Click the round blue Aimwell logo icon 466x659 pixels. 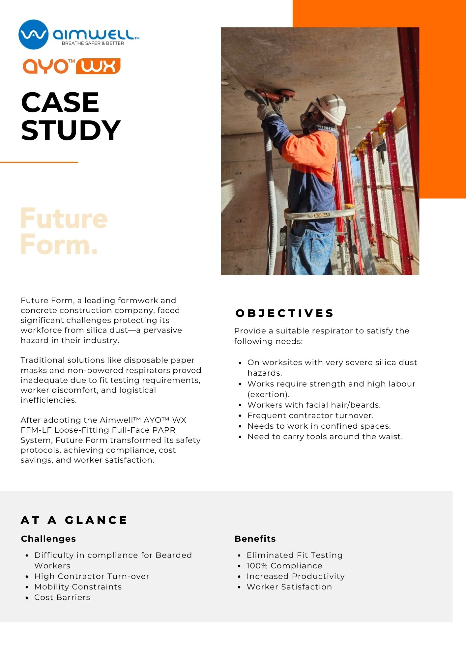pos(33,35)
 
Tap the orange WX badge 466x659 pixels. pos(98,66)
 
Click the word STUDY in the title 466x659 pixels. pos(71,130)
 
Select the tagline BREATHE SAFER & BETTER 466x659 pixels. pos(93,43)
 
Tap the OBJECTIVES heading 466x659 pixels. pos(285,313)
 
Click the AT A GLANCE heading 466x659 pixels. pos(74,520)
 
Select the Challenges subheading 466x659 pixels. pos(48,539)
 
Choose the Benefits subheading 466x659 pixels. pos(255,539)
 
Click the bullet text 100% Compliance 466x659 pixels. pos(284,566)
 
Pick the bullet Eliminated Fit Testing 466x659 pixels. pos(295,555)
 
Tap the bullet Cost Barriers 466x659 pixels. pos(62,597)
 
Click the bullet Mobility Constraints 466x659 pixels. pos(78,587)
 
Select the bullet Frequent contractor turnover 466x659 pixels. pos(310,415)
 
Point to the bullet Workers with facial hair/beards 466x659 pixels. pos(314,405)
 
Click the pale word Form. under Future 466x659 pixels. pos(59,245)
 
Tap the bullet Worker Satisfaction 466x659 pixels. pos(289,587)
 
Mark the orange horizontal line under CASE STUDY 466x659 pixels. pos(39,162)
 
